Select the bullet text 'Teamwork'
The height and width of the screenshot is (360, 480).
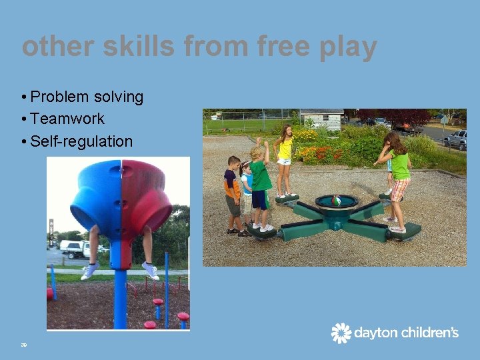(67, 119)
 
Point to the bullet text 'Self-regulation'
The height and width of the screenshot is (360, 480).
(81, 141)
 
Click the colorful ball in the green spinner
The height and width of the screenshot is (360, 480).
(337, 201)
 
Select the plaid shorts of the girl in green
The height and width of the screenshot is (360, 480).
(399, 189)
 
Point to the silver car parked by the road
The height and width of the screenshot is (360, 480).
(456, 139)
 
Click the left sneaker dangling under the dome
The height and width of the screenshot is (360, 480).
(89, 270)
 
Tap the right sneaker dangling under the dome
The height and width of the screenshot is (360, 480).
(151, 270)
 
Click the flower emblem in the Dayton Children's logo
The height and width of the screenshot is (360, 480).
(341, 333)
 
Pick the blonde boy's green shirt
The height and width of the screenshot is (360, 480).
(261, 175)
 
